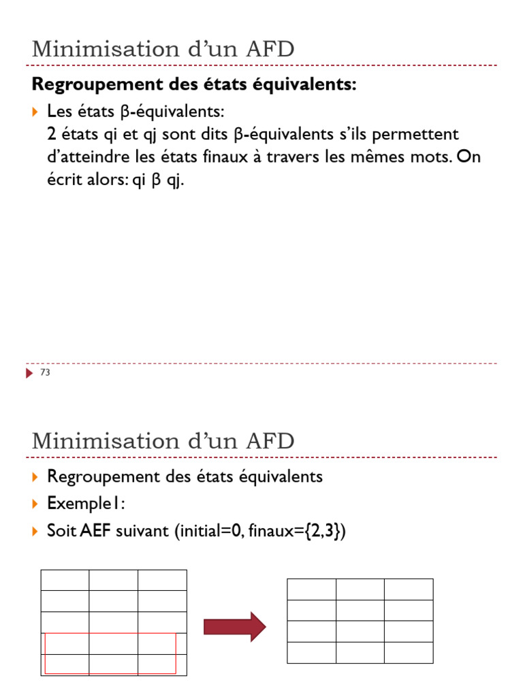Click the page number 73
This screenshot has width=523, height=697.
pyautogui.click(x=46, y=373)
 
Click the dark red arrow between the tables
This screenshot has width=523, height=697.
pyautogui.click(x=234, y=626)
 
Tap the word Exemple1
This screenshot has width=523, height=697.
pyautogui.click(x=85, y=504)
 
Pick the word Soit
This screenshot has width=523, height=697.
pyautogui.click(x=61, y=531)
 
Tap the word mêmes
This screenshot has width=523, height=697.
pyautogui.click(x=372, y=157)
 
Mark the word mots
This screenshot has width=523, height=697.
pyautogui.click(x=428, y=157)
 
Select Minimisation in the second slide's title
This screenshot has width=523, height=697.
pyautogui.click(x=105, y=440)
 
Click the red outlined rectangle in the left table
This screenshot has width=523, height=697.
pyautogui.click(x=110, y=653)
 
